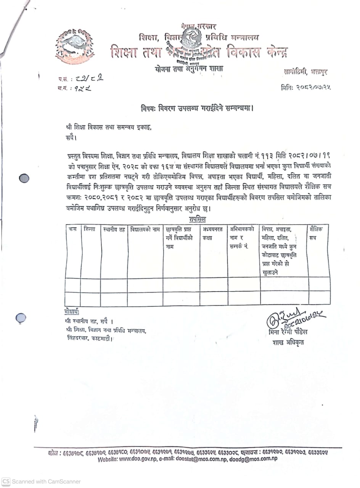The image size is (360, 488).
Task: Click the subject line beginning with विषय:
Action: point(197,108)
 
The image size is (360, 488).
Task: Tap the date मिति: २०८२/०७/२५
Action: point(305,87)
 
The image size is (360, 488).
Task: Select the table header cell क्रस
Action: point(72,229)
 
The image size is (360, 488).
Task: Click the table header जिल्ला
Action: point(90,229)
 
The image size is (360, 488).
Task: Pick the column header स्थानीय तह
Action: point(114,230)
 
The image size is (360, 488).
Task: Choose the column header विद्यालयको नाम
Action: point(145,230)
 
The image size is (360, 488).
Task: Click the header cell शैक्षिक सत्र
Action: point(316,233)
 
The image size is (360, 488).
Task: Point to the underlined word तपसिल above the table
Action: point(197,219)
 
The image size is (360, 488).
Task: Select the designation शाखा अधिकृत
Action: point(288,342)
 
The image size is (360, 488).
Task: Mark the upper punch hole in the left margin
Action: point(24,178)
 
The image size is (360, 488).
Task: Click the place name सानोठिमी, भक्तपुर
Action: point(305,71)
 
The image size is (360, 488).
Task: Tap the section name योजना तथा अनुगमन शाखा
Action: point(189,69)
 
